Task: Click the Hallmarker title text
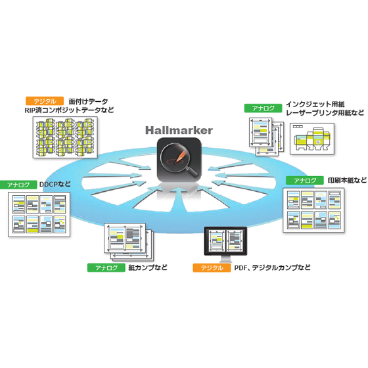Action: (x=179, y=131)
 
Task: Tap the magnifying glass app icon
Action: (x=179, y=160)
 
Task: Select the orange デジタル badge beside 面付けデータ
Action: (x=45, y=101)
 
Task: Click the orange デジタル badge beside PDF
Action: (x=212, y=268)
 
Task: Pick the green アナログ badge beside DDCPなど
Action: (x=18, y=185)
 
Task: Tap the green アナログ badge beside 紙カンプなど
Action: (x=106, y=268)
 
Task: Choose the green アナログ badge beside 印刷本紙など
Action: (x=305, y=180)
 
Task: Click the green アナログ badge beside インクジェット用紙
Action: (x=263, y=108)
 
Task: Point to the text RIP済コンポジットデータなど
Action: (x=69, y=110)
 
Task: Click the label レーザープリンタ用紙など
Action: (x=325, y=113)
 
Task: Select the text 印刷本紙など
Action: (x=347, y=180)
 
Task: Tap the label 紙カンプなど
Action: (x=148, y=267)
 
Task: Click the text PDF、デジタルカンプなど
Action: (x=272, y=268)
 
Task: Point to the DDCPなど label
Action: (x=55, y=184)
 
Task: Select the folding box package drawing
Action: (x=312, y=139)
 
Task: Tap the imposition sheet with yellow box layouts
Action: (x=65, y=137)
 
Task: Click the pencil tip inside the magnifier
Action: (x=176, y=161)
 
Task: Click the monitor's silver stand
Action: (x=226, y=260)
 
